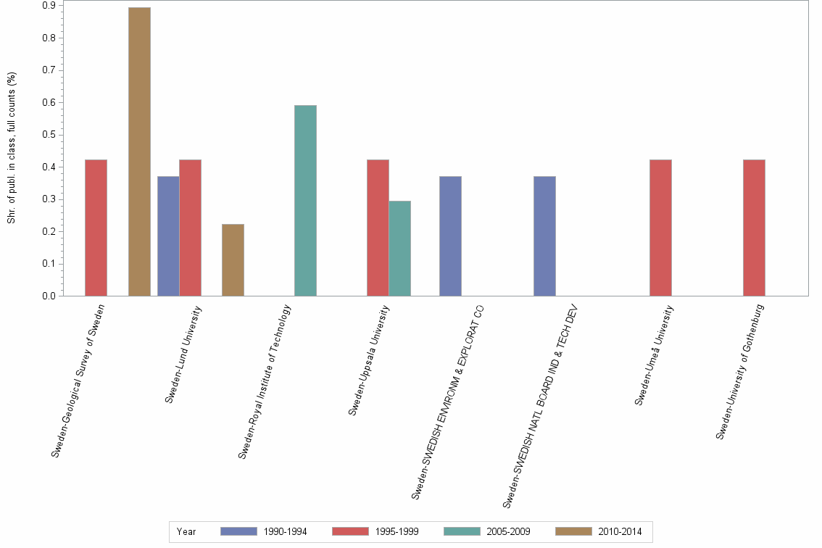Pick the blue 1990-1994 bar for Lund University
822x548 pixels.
pyautogui.click(x=168, y=236)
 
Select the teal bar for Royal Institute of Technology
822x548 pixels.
pyautogui.click(x=305, y=200)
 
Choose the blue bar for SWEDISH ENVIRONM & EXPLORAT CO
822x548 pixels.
pyautogui.click(x=450, y=236)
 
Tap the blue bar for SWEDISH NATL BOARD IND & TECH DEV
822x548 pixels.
pyautogui.click(x=544, y=236)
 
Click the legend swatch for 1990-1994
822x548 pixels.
pyautogui.click(x=238, y=531)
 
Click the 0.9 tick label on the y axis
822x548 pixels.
pyautogui.click(x=49, y=6)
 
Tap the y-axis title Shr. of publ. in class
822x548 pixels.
pyautogui.click(x=12, y=149)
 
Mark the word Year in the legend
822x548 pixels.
pyautogui.click(x=186, y=531)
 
